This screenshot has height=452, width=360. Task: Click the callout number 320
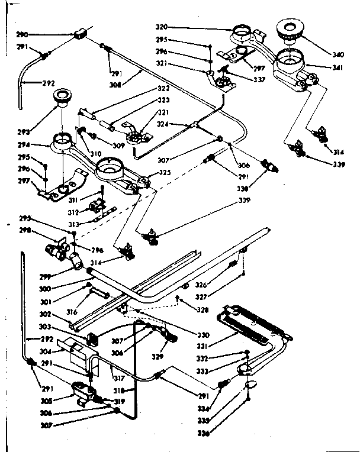click(195, 27)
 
